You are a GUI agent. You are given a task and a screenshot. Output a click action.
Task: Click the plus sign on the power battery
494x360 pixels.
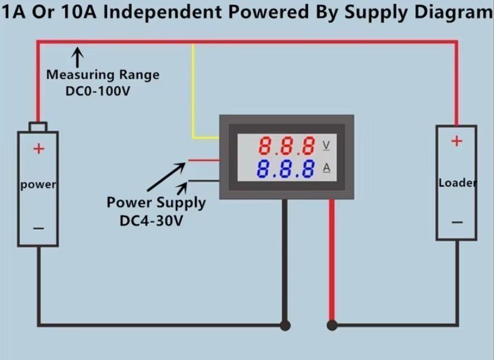(39, 149)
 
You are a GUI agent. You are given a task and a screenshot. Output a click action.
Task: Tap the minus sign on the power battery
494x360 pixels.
(39, 229)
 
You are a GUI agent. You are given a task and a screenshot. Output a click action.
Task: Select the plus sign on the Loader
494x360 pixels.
(456, 141)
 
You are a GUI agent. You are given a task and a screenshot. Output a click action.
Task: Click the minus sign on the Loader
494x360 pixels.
(456, 222)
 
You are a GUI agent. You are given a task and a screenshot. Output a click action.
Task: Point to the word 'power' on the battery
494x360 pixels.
(38, 185)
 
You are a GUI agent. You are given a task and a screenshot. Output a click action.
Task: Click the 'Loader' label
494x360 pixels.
(457, 183)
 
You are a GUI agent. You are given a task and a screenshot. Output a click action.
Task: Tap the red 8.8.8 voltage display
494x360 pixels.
(287, 147)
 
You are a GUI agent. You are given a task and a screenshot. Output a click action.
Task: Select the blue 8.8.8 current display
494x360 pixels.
(286, 168)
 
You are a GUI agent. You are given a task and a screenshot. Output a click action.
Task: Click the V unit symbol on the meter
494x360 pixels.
(326, 146)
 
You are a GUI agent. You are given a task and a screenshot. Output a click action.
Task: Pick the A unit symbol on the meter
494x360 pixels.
(326, 168)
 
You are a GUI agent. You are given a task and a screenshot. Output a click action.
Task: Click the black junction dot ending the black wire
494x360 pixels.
(285, 325)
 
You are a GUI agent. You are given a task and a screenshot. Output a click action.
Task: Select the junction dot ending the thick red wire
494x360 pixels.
(332, 325)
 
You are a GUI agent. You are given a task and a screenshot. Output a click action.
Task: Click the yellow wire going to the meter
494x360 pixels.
(193, 94)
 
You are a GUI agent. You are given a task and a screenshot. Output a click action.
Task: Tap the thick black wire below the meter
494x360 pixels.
(285, 263)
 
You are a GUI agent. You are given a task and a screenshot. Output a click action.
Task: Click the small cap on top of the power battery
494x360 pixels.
(39, 126)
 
